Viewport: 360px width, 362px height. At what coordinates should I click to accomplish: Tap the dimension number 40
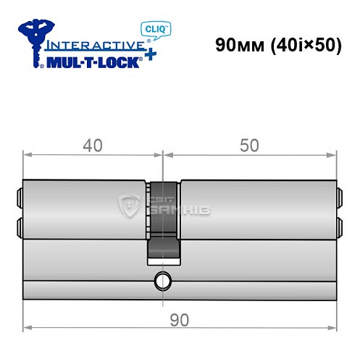[92, 146]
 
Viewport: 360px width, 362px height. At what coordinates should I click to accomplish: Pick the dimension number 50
[249, 146]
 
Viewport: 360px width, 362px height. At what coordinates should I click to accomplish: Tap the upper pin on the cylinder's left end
[19, 195]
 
